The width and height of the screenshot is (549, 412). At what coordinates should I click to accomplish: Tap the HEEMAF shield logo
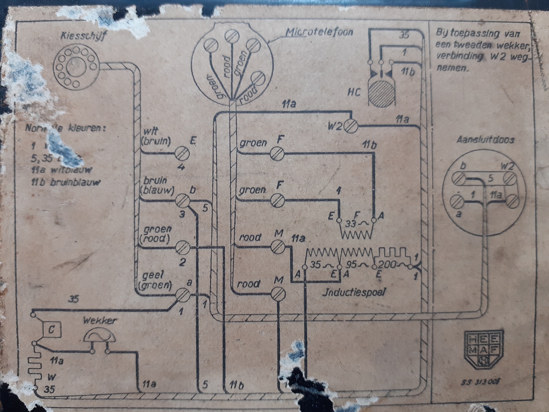point(484,349)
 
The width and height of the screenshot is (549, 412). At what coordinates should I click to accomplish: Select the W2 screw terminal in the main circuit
point(351,126)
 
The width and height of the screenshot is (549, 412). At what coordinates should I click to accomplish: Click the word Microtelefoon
point(319,32)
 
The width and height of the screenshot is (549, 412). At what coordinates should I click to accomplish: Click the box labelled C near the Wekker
point(52,330)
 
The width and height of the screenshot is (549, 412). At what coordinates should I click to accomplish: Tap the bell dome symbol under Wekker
point(100,336)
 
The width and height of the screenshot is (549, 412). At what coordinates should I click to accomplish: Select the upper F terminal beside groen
point(277,154)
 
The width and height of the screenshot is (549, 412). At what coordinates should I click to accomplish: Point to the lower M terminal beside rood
point(278,294)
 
